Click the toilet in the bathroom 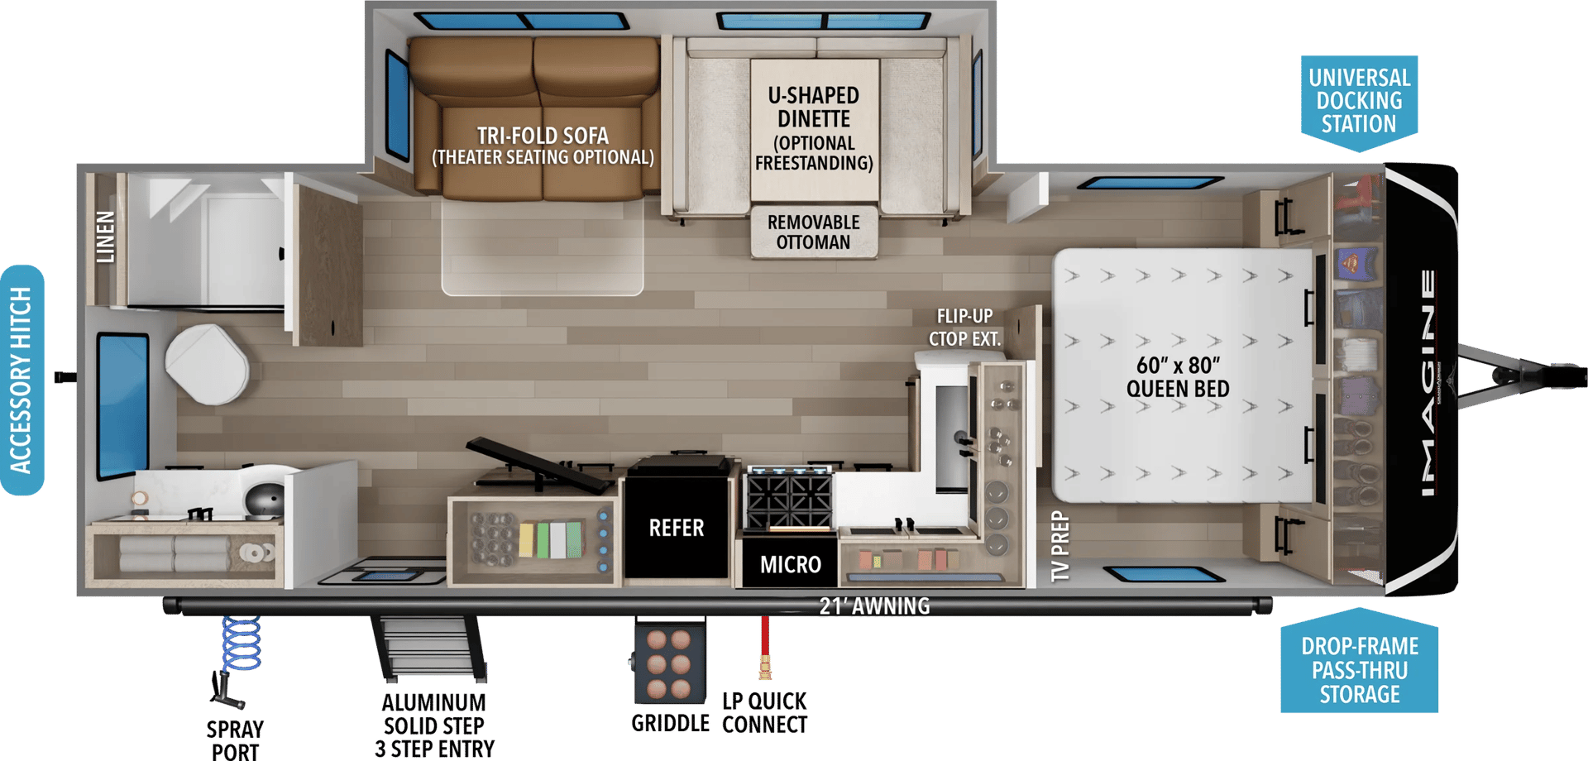click(207, 364)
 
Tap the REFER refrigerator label click(677, 528)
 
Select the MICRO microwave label click(791, 564)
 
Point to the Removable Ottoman click(813, 232)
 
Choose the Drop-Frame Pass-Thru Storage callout click(1359, 663)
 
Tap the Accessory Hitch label click(22, 380)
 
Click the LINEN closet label click(105, 237)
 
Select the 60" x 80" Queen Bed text click(1178, 376)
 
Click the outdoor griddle click(669, 663)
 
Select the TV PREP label click(1060, 546)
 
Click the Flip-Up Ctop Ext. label click(964, 328)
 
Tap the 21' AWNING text click(874, 606)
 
